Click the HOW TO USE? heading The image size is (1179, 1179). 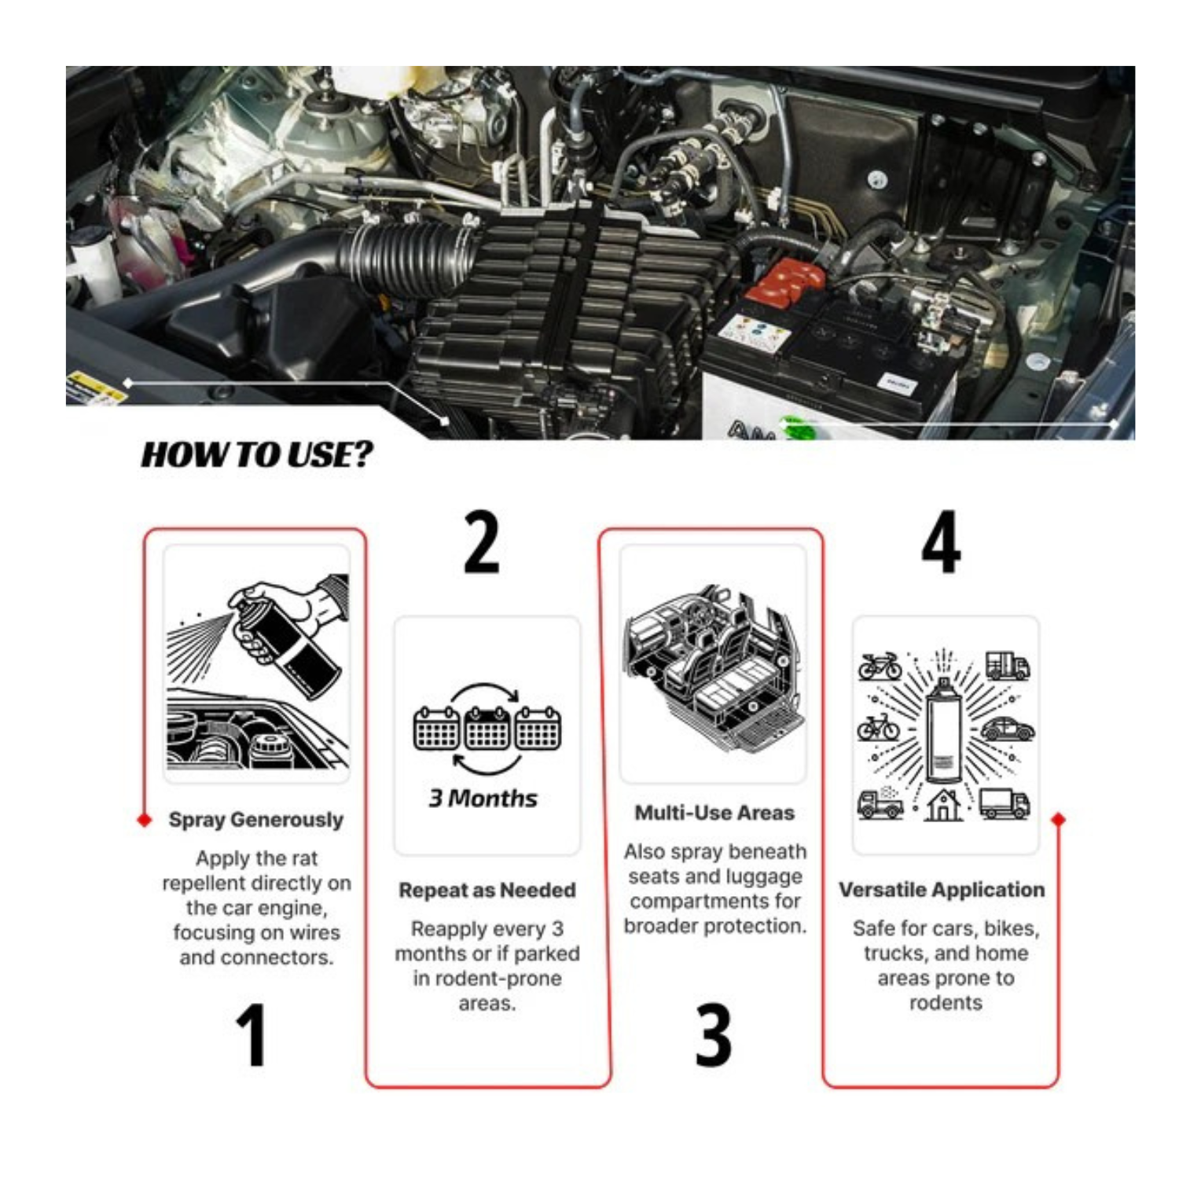tap(257, 455)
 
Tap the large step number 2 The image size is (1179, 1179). tap(481, 542)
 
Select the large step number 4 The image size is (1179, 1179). tap(941, 542)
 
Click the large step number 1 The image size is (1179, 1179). tap(252, 1035)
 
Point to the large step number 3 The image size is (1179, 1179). tap(713, 1035)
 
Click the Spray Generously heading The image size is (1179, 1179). tap(255, 820)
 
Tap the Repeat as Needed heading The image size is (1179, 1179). tap(487, 891)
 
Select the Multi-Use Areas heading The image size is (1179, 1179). tap(714, 813)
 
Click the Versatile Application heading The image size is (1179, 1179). tap(941, 890)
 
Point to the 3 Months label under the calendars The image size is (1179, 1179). tap(483, 799)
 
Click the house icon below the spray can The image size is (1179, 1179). tap(943, 805)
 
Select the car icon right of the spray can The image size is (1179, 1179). tap(1007, 729)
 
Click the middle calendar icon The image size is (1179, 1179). tap(487, 727)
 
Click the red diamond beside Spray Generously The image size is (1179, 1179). tap(144, 820)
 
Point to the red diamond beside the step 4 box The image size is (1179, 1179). tap(1058, 820)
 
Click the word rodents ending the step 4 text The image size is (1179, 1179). tap(945, 1003)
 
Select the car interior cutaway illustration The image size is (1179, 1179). tap(714, 664)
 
